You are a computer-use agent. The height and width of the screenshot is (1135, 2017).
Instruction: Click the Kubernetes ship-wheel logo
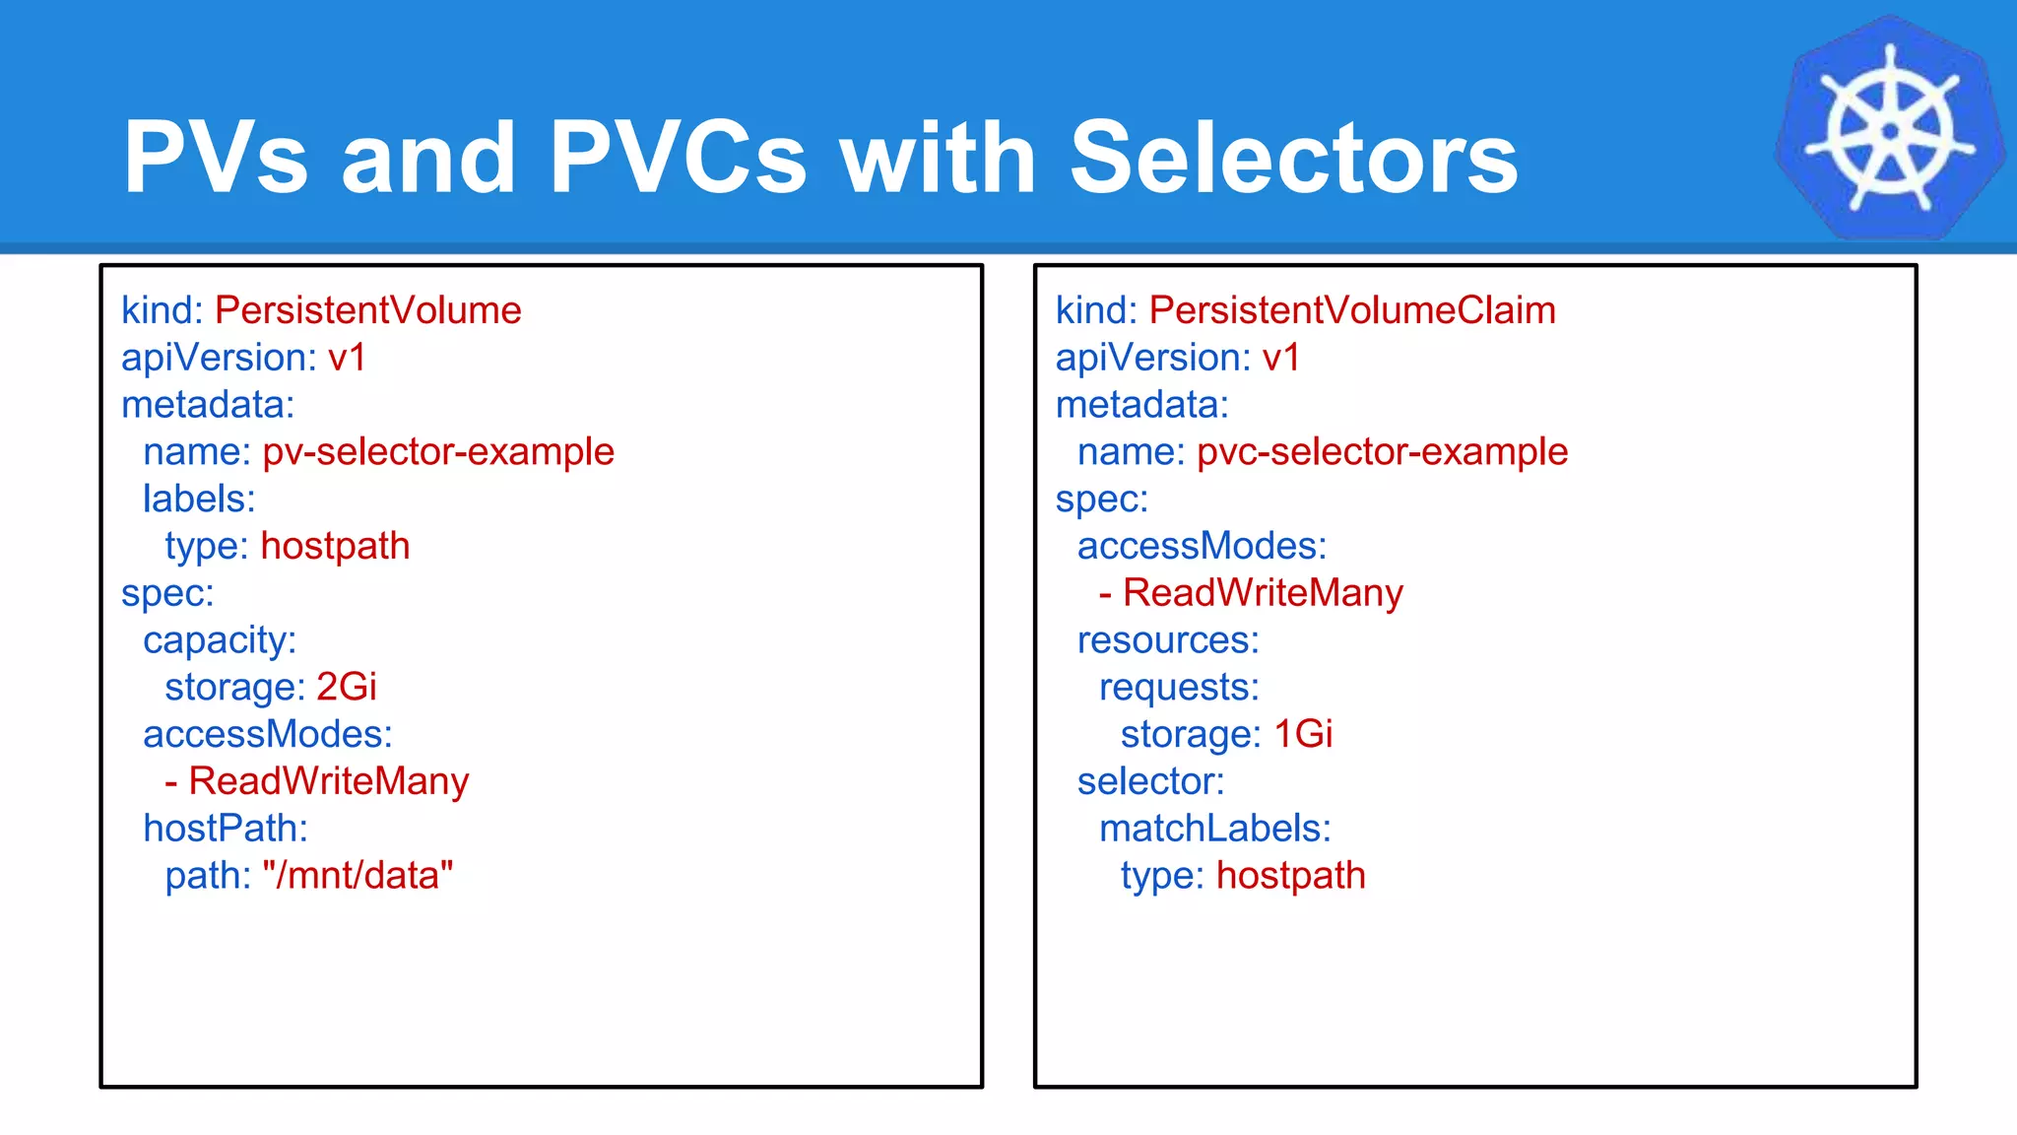[x=1890, y=129]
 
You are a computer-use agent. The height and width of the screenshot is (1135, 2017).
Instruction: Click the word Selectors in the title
[x=1293, y=158]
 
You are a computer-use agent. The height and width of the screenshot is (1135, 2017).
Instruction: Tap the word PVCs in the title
[x=678, y=158]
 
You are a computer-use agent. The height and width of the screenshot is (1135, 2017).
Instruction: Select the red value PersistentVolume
[x=367, y=310]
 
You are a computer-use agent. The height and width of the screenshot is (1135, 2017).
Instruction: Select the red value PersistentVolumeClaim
[x=1352, y=310]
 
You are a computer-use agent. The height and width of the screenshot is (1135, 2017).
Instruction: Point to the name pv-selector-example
[x=438, y=452]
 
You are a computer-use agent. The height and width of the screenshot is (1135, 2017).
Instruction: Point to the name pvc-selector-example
[x=1382, y=452]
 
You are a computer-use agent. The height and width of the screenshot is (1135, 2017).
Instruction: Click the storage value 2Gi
[x=347, y=687]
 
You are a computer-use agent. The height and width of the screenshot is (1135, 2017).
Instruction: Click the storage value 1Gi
[x=1303, y=734]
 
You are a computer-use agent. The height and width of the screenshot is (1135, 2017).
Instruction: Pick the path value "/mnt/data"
[x=358, y=876]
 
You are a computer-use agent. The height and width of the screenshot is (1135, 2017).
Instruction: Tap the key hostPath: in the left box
[x=226, y=829]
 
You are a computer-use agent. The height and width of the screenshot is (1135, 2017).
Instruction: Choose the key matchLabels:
[x=1214, y=829]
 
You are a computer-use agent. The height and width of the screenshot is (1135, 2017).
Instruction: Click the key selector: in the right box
[x=1150, y=781]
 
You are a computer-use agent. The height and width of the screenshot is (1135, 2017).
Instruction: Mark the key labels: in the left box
[x=199, y=499]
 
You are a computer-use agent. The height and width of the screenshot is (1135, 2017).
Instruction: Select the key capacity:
[x=220, y=640]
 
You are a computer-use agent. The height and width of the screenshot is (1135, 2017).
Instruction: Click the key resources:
[x=1168, y=640]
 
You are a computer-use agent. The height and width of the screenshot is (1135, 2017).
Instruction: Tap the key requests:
[x=1179, y=687]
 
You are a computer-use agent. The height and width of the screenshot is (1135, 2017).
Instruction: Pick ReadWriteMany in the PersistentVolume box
[x=328, y=781]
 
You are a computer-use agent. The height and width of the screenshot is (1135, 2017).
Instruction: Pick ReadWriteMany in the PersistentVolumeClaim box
[x=1263, y=593]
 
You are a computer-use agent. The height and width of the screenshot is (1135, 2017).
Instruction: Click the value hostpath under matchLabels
[x=1290, y=876]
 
